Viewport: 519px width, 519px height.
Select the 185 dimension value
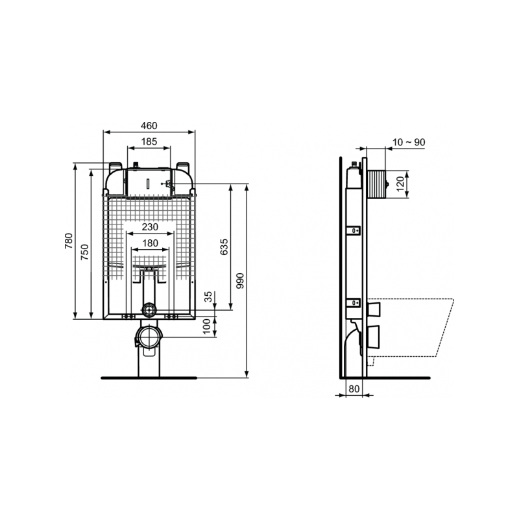(149, 140)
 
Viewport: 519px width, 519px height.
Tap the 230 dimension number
(150, 226)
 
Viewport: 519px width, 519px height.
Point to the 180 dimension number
(150, 243)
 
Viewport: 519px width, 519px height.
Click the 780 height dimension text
(69, 241)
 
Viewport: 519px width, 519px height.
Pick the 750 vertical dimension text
(84, 252)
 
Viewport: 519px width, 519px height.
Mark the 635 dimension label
(224, 248)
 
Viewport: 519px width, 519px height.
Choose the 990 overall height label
(240, 280)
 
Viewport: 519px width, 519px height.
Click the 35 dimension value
(208, 298)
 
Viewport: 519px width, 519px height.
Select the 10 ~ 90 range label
(409, 142)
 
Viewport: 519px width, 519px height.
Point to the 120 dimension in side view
(400, 183)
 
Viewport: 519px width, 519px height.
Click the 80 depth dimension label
(354, 389)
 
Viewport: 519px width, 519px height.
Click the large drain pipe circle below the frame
(149, 338)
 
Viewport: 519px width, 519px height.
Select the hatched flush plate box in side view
(376, 184)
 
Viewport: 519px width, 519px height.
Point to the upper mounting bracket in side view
(354, 230)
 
